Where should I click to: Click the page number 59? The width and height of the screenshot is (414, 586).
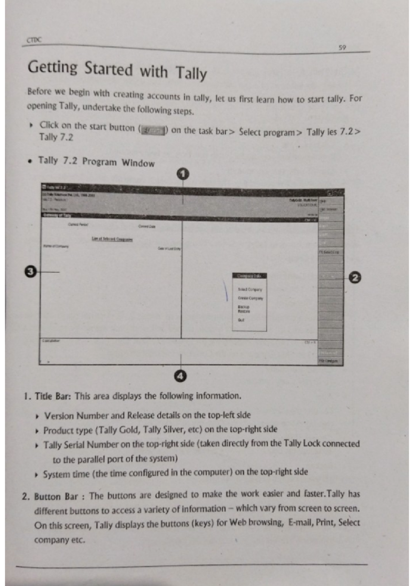click(342, 48)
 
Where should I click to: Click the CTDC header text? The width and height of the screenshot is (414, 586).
click(34, 40)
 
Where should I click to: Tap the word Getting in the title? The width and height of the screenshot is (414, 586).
click(52, 67)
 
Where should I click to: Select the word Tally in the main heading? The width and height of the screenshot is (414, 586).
click(191, 73)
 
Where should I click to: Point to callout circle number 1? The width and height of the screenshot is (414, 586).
click(183, 174)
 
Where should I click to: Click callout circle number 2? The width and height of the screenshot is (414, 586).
click(355, 278)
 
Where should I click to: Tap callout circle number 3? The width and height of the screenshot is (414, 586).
click(31, 271)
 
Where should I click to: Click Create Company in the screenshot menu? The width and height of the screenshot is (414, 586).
click(250, 298)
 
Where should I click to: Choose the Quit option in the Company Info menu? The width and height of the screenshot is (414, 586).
click(241, 320)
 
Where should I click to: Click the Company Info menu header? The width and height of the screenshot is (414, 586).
click(249, 276)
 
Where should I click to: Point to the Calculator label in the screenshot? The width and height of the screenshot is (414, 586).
click(51, 341)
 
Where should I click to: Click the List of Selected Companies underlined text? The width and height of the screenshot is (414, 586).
click(112, 239)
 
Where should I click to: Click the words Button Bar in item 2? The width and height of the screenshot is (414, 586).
click(56, 497)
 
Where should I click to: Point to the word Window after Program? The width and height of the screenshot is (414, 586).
click(138, 163)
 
